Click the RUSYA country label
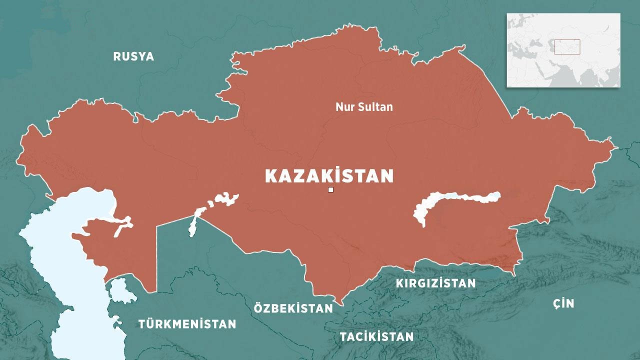(133, 56)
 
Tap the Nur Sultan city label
(364, 107)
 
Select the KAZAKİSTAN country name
(329, 176)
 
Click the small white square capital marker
(330, 189)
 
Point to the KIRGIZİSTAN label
(435, 283)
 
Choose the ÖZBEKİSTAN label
(293, 308)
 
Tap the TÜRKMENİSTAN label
(187, 324)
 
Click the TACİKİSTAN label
(376, 336)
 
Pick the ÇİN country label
(563, 303)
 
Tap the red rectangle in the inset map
(566, 46)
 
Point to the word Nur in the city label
(343, 107)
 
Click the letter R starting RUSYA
(117, 56)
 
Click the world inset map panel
(563, 50)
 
